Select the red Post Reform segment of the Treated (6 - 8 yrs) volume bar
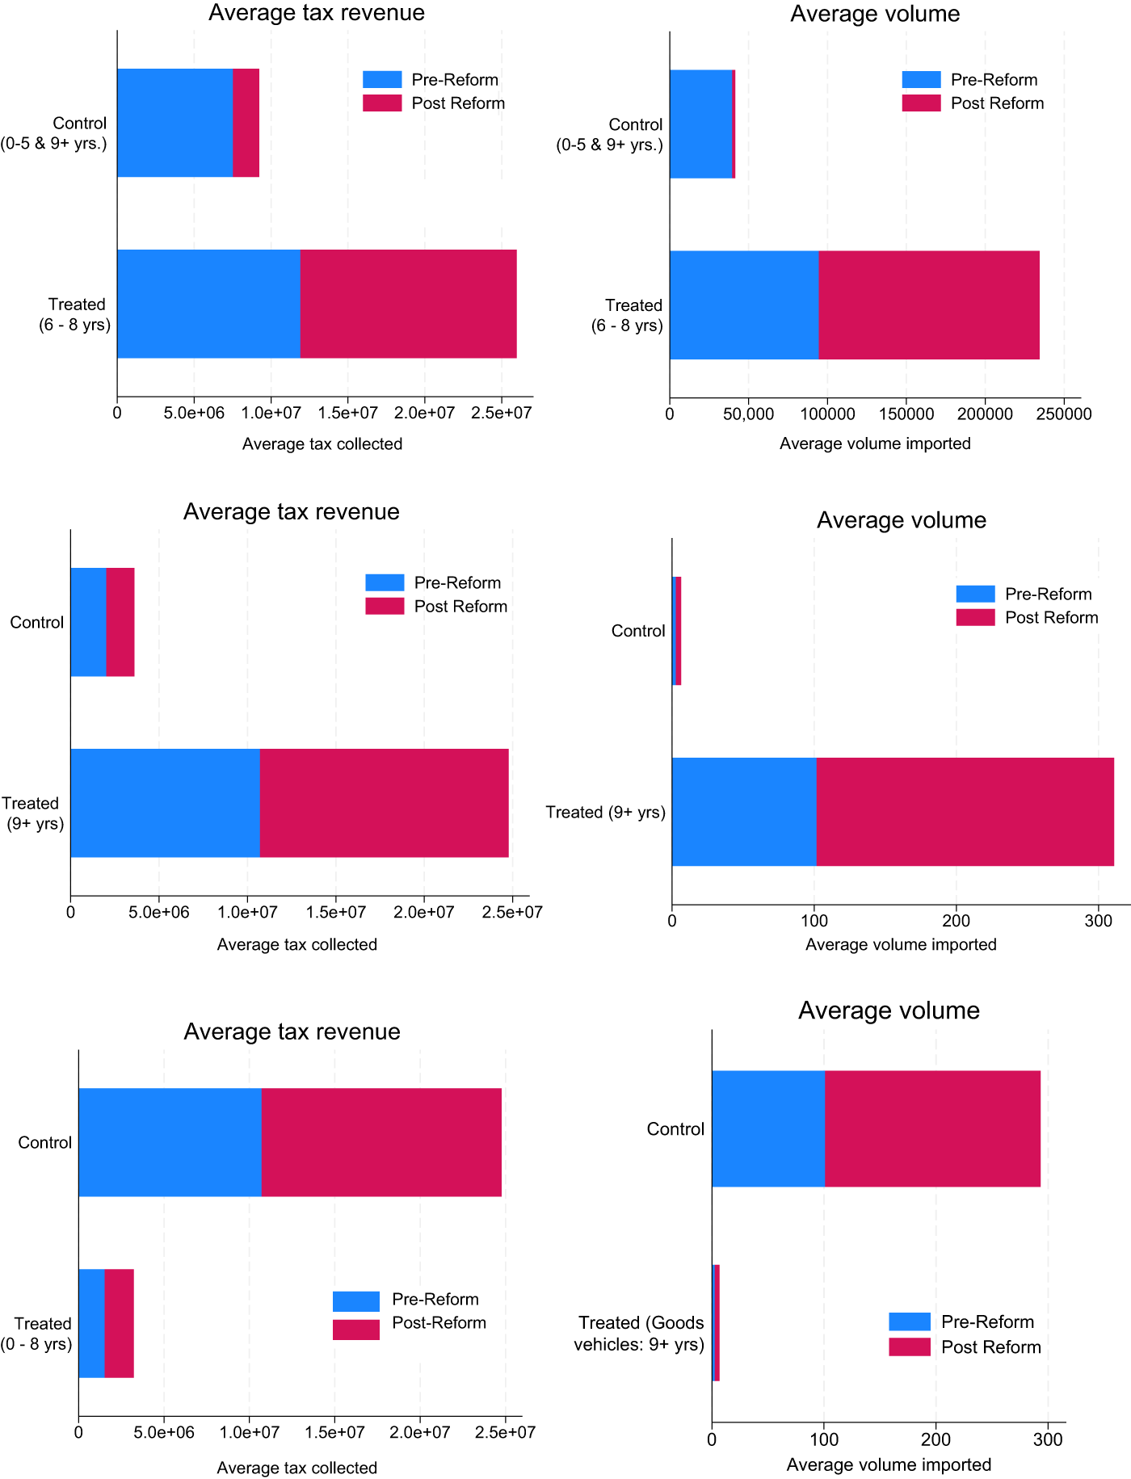(x=928, y=305)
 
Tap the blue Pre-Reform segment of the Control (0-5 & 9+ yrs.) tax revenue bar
(x=174, y=123)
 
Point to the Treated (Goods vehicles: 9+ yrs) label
(x=639, y=1333)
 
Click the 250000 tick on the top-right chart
(x=1064, y=414)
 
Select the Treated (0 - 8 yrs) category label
(x=37, y=1334)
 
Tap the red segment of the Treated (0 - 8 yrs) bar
(x=119, y=1323)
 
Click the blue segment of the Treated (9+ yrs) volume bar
(x=743, y=812)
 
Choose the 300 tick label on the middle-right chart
(x=1098, y=921)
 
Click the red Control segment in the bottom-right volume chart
(x=932, y=1128)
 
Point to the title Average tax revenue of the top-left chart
(x=316, y=13)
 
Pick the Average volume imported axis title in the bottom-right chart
(x=889, y=1464)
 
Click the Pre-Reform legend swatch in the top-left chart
(x=382, y=79)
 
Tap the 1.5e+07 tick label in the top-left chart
(x=347, y=414)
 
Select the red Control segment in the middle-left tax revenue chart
(x=120, y=622)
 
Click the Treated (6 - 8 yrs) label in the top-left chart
(x=75, y=314)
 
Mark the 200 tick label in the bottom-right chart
(x=935, y=1439)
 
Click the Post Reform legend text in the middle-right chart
(x=1051, y=618)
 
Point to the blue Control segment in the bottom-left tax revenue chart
(x=170, y=1142)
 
